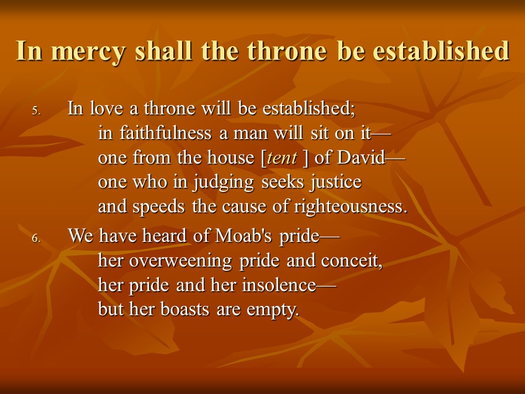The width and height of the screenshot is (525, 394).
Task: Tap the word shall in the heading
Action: (x=164, y=50)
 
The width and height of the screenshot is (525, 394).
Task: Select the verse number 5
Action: (x=36, y=111)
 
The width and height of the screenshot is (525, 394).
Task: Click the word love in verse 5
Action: (x=107, y=108)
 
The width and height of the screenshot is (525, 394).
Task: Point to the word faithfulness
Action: (x=165, y=132)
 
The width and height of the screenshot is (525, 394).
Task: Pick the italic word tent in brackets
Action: (x=282, y=158)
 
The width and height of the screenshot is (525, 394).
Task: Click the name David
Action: (x=361, y=157)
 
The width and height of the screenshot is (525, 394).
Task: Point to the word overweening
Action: (x=180, y=261)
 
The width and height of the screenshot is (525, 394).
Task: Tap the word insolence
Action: (x=279, y=285)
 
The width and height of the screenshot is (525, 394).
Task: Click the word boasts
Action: (x=185, y=309)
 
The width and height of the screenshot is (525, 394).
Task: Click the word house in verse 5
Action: (x=231, y=157)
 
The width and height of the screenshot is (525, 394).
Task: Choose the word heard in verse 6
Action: (x=164, y=235)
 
